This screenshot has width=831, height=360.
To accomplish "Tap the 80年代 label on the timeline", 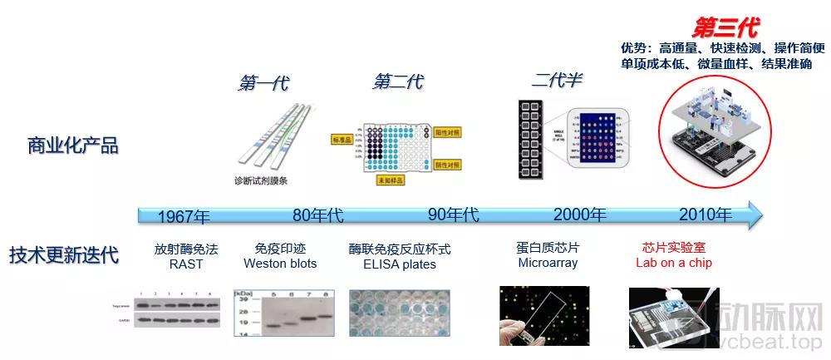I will coord(317,215).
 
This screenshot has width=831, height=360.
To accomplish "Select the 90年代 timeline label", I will coord(454,215).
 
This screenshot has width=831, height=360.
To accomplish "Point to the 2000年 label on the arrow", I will coord(580,215).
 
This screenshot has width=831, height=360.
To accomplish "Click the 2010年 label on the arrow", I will coord(706,215).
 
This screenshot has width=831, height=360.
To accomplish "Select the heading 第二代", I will coord(397,81).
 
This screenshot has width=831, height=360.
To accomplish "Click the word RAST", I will coord(185,264).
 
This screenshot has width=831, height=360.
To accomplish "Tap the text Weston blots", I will coord(280,264).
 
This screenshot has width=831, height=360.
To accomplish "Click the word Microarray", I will coord(548,264).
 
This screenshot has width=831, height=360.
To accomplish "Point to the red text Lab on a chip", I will coord(674,264).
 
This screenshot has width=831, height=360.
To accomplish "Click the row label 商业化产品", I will coord(73,146).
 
